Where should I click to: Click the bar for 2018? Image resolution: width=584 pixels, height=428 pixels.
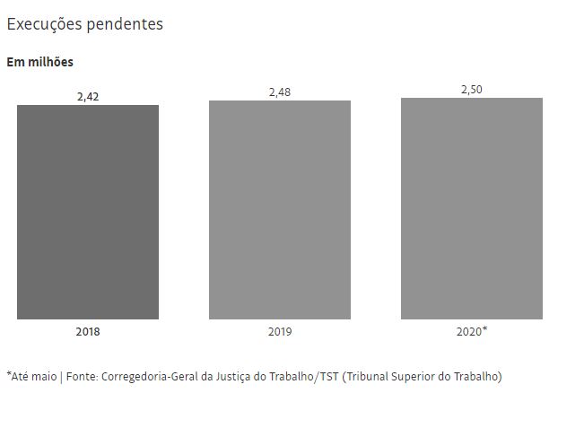pyautogui.click(x=88, y=212)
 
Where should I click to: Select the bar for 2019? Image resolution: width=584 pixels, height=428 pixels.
pyautogui.click(x=280, y=209)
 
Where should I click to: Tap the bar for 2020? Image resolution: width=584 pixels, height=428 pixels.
pyautogui.click(x=472, y=208)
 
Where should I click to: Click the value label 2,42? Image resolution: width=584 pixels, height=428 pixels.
pyautogui.click(x=88, y=96)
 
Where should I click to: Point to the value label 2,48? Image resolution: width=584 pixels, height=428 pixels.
pyautogui.click(x=280, y=92)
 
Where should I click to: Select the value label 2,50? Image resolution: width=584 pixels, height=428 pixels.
pyautogui.click(x=472, y=89)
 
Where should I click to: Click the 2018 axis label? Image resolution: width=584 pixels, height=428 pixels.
pyautogui.click(x=88, y=332)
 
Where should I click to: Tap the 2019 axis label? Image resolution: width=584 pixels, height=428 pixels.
pyautogui.click(x=280, y=332)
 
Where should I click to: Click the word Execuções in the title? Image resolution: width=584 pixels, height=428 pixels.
pyautogui.click(x=44, y=25)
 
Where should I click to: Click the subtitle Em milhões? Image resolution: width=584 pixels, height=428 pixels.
pyautogui.click(x=40, y=62)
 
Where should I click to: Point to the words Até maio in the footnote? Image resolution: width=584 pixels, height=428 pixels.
pyautogui.click(x=33, y=377)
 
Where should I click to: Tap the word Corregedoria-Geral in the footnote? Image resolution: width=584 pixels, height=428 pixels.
pyautogui.click(x=149, y=377)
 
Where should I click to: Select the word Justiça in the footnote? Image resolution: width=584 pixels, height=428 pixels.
pyautogui.click(x=233, y=377)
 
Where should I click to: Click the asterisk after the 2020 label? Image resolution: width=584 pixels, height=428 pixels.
pyautogui.click(x=485, y=329)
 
